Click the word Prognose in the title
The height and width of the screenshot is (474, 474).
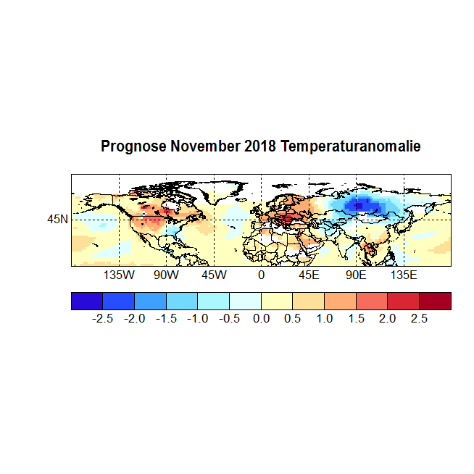pyautogui.click(x=133, y=146)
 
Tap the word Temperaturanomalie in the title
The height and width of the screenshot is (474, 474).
pyautogui.click(x=351, y=146)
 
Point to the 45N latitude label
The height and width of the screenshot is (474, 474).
pyautogui.click(x=58, y=218)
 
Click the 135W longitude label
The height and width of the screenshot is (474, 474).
pyautogui.click(x=119, y=276)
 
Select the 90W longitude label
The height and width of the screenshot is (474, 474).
pyautogui.click(x=166, y=276)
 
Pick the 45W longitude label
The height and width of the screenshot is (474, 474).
pyautogui.click(x=214, y=276)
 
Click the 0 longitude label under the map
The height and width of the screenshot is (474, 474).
pyautogui.click(x=261, y=276)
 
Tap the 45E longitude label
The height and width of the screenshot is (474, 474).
pyautogui.click(x=309, y=276)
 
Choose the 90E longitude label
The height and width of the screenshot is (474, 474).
pyautogui.click(x=356, y=276)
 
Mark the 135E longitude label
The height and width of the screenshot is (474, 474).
pyautogui.click(x=404, y=276)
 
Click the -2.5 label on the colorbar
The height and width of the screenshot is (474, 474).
pyautogui.click(x=103, y=319)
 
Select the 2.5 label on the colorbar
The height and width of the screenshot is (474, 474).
pyautogui.click(x=419, y=319)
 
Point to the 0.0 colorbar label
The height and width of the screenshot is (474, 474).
pyautogui.click(x=261, y=319)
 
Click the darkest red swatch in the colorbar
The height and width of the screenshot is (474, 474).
pyautogui.click(x=435, y=301)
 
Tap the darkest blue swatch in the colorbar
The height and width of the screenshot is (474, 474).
pyautogui.click(x=87, y=301)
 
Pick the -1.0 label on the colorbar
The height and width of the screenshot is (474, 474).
pyautogui.click(x=198, y=319)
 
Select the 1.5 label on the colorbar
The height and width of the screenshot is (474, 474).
pyautogui.click(x=356, y=319)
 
